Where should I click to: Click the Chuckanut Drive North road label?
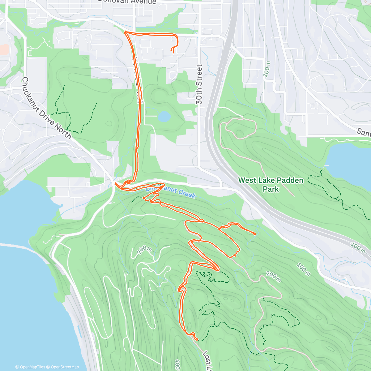(x=46, y=108)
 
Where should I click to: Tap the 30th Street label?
(x=199, y=84)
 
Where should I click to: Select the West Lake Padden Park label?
(x=271, y=184)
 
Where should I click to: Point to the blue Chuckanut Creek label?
(x=171, y=190)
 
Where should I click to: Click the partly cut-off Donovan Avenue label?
(x=127, y=2)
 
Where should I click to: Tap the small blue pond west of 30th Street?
(x=164, y=117)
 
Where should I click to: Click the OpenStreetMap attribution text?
(x=65, y=367)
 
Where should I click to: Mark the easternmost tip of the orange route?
(x=255, y=234)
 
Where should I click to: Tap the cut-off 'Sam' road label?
(x=364, y=132)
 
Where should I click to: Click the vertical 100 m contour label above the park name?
(x=267, y=69)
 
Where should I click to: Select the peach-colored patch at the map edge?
(x=4, y=50)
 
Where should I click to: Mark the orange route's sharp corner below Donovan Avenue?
(x=125, y=32)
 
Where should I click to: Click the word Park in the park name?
(x=271, y=189)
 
